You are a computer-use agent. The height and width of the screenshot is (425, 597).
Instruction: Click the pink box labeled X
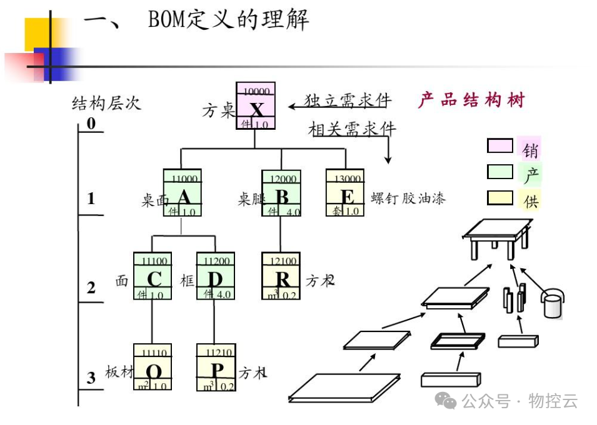click(255, 106)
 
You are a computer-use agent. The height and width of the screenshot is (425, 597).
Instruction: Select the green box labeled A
click(181, 193)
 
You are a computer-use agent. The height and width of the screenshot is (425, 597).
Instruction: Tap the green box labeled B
click(281, 193)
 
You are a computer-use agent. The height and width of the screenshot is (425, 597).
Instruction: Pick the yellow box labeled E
click(344, 193)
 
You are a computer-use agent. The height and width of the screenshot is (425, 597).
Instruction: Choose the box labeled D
click(214, 276)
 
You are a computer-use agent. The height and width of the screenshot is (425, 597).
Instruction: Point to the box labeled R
click(281, 276)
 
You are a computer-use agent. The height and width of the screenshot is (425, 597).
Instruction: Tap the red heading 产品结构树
click(471, 100)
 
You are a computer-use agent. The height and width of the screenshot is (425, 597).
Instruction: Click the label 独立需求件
click(348, 100)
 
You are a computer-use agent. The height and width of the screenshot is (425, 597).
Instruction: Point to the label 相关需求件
click(352, 129)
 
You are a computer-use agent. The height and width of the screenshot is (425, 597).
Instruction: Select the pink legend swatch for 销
click(499, 146)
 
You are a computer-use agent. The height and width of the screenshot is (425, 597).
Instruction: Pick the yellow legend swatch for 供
click(499, 198)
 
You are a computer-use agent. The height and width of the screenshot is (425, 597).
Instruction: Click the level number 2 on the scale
click(91, 288)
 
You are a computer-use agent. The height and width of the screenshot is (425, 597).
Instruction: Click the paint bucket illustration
click(553, 303)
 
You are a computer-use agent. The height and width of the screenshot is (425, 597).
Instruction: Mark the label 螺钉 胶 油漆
click(408, 199)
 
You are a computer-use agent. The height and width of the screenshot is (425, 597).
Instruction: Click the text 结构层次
click(106, 103)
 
